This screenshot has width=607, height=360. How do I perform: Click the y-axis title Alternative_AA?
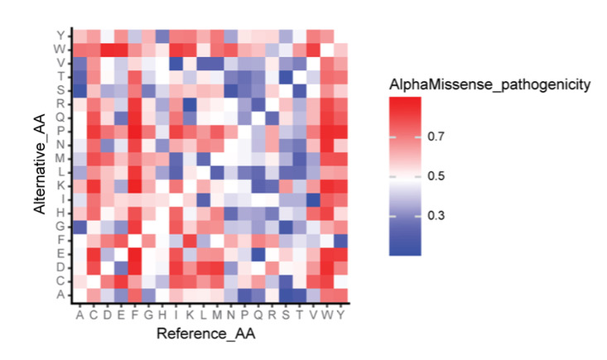click(39, 166)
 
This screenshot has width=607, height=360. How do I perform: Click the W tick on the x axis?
click(326, 314)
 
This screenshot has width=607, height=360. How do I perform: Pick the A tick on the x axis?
click(79, 314)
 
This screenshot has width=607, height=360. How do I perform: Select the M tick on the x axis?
click(217, 314)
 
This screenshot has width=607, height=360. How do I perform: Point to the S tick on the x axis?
click(286, 314)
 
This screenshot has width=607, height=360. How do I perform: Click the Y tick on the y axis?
click(60, 35)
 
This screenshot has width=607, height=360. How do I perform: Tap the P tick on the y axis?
click(60, 131)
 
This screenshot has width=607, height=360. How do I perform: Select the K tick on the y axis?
click(60, 185)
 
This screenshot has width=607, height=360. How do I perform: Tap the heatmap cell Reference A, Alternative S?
click(79, 89)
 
